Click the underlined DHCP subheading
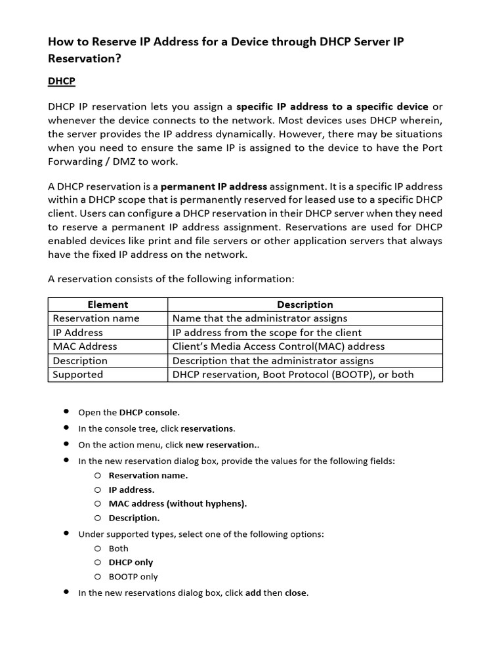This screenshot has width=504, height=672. click(x=61, y=81)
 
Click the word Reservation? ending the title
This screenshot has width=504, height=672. click(x=85, y=58)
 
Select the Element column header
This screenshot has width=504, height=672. click(x=108, y=304)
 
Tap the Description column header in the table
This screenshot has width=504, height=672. click(x=304, y=304)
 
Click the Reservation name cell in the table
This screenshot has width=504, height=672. click(x=96, y=318)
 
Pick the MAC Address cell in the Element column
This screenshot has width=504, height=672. click(x=85, y=346)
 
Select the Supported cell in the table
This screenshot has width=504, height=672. click(x=77, y=375)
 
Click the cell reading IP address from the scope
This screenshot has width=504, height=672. click(x=266, y=333)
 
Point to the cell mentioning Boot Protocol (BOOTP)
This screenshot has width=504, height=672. click(x=293, y=375)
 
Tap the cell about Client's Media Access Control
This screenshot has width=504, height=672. click(x=278, y=346)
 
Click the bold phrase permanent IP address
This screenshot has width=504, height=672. click(x=214, y=186)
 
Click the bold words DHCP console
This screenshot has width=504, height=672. click(x=149, y=413)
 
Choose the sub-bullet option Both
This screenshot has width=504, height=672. click(x=119, y=549)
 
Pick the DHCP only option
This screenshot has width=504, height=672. click(x=131, y=562)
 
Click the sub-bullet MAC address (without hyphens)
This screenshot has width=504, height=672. click(x=178, y=504)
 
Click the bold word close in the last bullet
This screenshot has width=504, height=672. click(x=295, y=593)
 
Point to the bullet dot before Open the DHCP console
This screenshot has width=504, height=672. click(x=66, y=411)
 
